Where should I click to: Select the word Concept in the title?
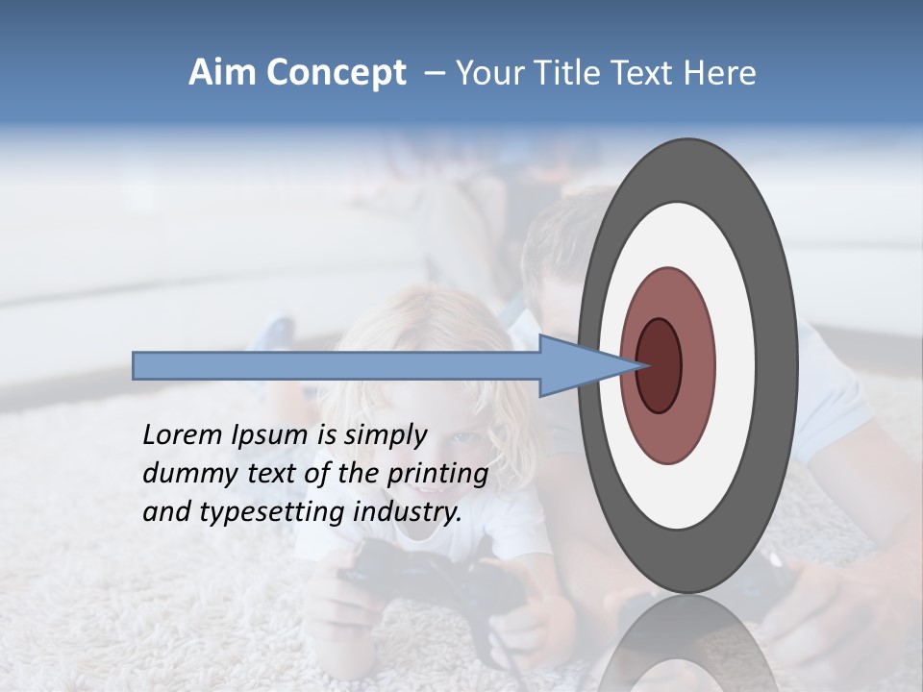tap(336, 73)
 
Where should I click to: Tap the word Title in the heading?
tap(563, 73)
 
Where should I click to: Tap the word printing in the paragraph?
tap(437, 474)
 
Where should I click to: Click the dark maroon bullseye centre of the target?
tap(660, 365)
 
